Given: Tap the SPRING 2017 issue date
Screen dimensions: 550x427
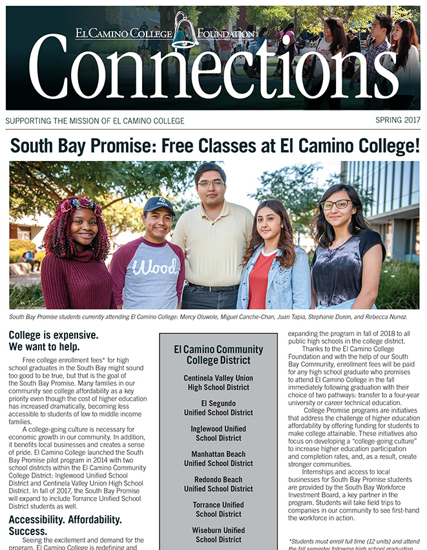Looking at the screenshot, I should coord(397,120).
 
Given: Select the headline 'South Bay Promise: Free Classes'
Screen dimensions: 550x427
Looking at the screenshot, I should coord(214,145).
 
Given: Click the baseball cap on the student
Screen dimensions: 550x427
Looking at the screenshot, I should coord(159,205).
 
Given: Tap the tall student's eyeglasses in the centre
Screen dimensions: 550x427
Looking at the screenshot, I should coord(211,184).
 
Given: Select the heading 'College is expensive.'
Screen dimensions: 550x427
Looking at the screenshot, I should coord(54,335).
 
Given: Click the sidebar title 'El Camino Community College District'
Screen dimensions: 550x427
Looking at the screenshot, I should coord(218,355).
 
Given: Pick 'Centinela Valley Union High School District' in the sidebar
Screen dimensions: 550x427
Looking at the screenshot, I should coord(218,383).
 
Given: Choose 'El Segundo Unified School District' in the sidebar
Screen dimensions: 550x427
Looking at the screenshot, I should coord(218,408).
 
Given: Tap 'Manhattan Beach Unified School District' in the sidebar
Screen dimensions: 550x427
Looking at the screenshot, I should coord(218,459).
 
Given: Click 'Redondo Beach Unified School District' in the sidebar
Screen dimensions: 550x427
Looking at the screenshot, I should coord(218,484).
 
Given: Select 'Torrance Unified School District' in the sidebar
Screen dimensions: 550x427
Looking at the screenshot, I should coord(218,509).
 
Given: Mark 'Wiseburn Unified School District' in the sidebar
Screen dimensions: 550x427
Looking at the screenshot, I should coord(218,534).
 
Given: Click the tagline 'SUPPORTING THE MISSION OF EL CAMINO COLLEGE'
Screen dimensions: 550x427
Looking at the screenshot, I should coord(95,121).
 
